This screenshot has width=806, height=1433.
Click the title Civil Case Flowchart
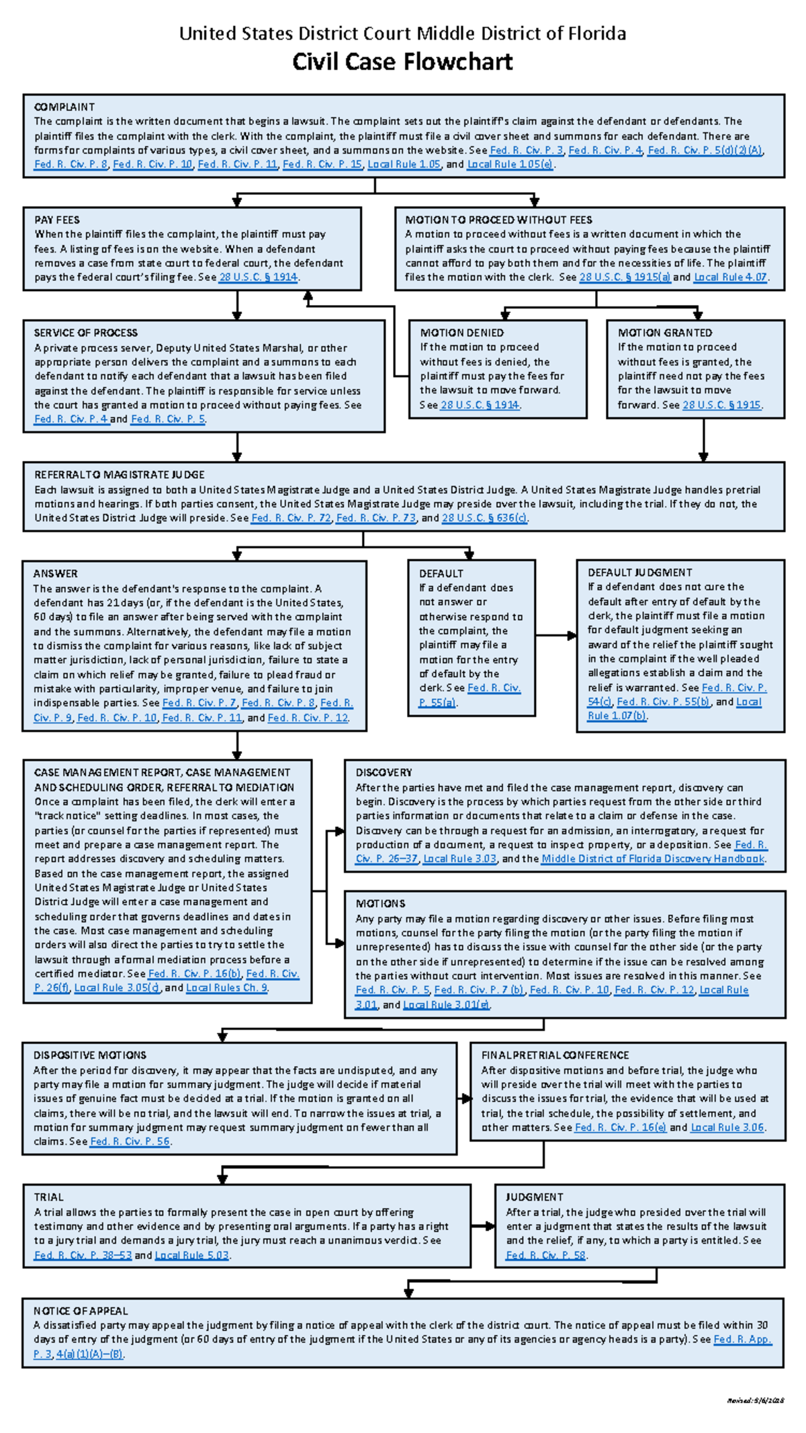pos(402,62)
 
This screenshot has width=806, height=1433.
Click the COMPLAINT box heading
pos(64,107)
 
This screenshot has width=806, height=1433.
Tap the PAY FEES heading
pos(57,220)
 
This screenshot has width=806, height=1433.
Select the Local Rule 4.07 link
pos(730,277)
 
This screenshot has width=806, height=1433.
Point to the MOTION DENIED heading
pos(462,333)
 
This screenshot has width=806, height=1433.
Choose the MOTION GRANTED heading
pos(665,333)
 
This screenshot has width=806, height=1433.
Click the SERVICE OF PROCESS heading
pos(86,333)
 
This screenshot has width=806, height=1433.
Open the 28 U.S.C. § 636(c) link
pos(484,518)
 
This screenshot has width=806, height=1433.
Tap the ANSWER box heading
pos(56,573)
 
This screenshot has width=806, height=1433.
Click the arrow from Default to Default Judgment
pos(556,635)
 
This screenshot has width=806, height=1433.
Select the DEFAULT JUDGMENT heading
pos(639,572)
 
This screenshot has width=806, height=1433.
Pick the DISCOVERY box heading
pos(384,773)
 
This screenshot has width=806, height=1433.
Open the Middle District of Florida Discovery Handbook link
pos(653,859)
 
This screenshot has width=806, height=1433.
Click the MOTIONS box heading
pos(380,904)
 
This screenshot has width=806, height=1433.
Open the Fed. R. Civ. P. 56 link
pos(130,1141)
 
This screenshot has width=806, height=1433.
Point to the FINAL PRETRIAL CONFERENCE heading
pos(555,1055)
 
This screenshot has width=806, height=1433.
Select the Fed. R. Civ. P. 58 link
pos(546,1255)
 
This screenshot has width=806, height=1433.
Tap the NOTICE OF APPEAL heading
pos(81,1311)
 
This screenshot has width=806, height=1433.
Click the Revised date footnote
pos(756,1400)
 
